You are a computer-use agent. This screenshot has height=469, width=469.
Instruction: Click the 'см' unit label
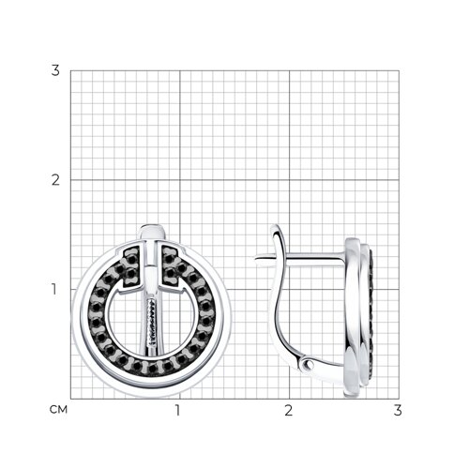tap(58, 409)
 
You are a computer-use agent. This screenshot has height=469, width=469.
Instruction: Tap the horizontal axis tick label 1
tap(178, 410)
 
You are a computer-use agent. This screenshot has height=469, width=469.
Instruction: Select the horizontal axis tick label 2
tap(288, 410)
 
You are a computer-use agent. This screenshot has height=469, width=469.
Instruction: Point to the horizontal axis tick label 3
tap(398, 410)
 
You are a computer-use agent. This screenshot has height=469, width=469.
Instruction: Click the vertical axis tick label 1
tap(54, 289)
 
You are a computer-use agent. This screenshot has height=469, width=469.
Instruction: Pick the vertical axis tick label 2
tap(55, 180)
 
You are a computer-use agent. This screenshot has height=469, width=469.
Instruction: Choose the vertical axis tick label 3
tap(55, 70)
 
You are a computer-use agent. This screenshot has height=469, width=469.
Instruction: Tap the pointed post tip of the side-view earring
tap(256, 259)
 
